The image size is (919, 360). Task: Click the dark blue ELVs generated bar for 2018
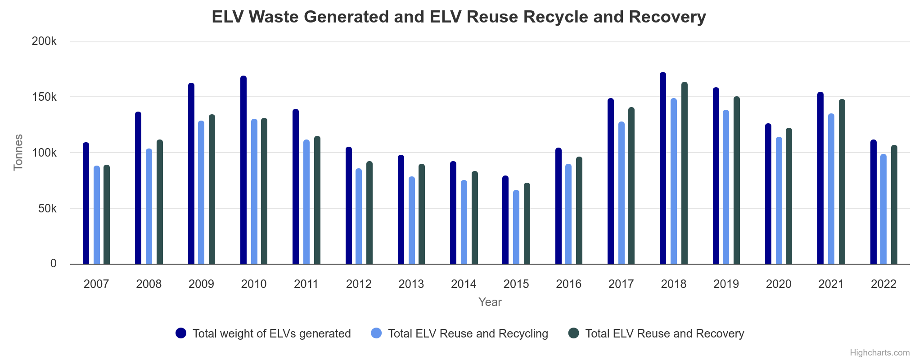pos(663,169)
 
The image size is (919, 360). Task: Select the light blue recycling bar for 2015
pos(516,227)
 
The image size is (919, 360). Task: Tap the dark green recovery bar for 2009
pos(212,189)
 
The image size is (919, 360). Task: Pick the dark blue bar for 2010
pos(243,170)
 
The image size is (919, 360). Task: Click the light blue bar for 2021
pos(831,189)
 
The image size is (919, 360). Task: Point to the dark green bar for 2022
pos(894,205)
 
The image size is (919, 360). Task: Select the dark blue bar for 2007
pos(86,203)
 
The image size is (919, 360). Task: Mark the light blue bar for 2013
pos(412,220)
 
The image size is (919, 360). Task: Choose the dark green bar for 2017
pos(631,186)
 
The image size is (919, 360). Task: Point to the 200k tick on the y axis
pos(44,41)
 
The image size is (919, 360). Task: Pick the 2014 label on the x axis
pos(464,284)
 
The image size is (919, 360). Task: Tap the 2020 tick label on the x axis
pos(779,284)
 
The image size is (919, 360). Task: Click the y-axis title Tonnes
pos(18,153)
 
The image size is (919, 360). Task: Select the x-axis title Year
pos(490,302)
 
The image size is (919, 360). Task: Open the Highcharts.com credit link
pos(879,352)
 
